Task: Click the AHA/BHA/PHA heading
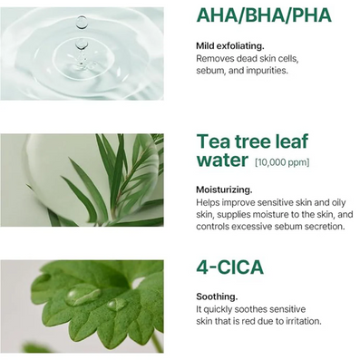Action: click(x=264, y=15)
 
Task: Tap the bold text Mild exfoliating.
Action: click(x=230, y=46)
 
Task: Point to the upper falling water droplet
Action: click(x=81, y=23)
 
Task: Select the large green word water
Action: click(x=222, y=160)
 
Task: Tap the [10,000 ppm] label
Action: click(x=282, y=162)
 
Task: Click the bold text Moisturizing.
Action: click(x=224, y=190)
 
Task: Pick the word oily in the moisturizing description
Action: click(x=337, y=202)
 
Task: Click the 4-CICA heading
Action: click(x=229, y=268)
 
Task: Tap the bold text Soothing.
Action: click(x=217, y=297)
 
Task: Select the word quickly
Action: click(x=219, y=309)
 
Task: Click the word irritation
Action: click(x=304, y=321)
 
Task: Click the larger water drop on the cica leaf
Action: click(x=83, y=295)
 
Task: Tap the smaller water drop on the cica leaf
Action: click(x=117, y=305)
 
